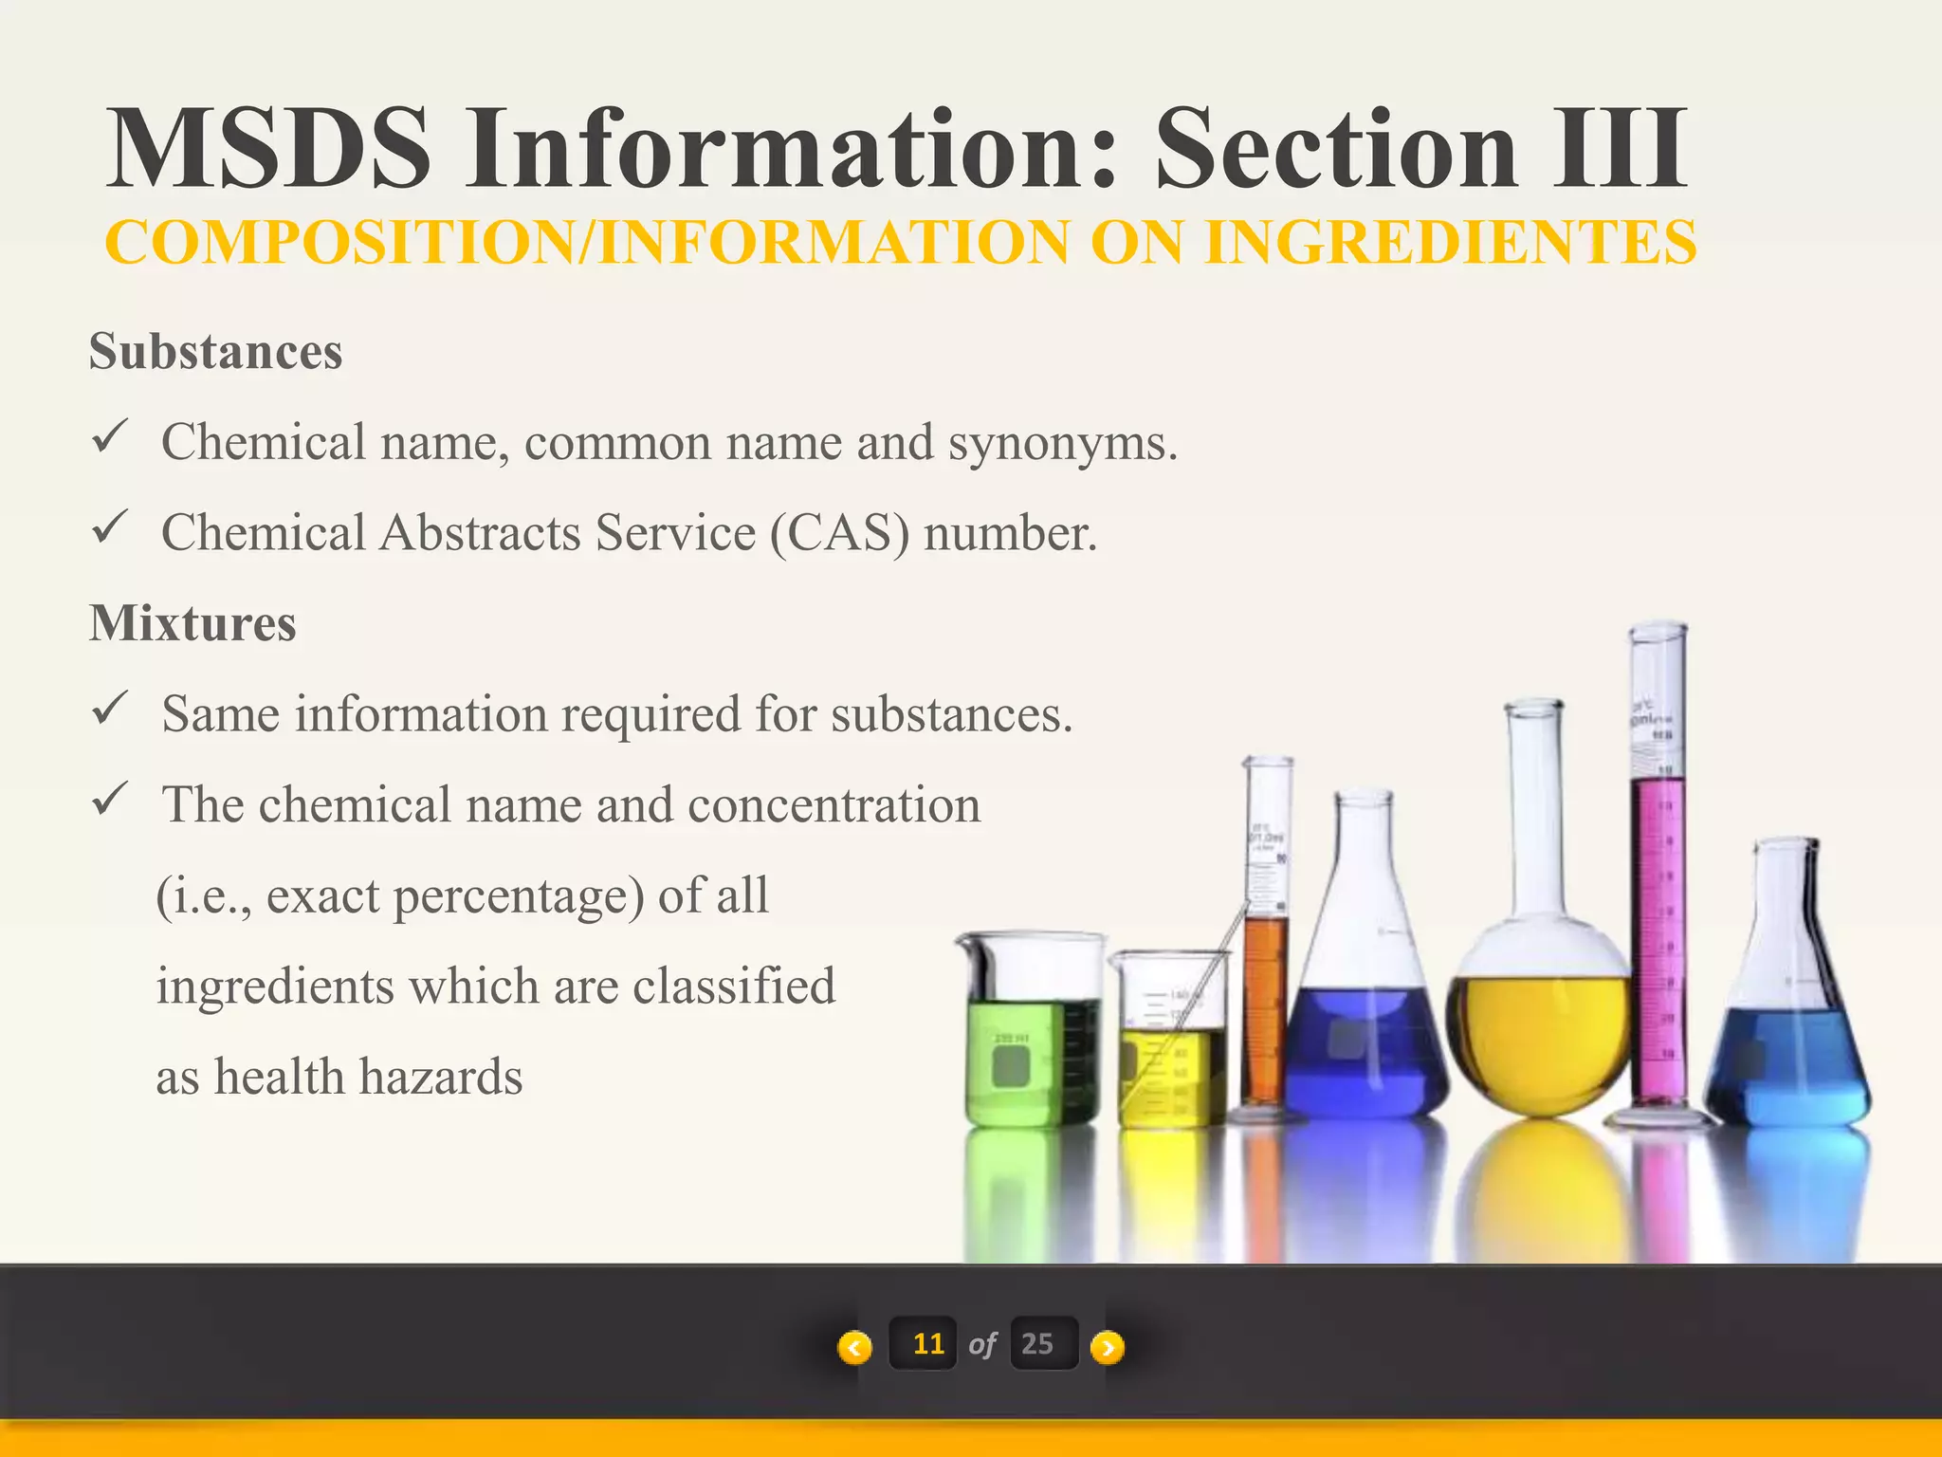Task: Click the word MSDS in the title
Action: point(269,149)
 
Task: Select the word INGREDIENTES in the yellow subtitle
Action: point(1450,242)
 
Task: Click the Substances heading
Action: point(215,352)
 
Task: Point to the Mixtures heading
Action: point(192,624)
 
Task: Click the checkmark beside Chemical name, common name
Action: point(110,437)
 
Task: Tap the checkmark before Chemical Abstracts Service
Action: point(110,527)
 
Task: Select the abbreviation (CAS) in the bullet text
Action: point(839,533)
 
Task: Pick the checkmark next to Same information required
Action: point(110,709)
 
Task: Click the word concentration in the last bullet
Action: point(834,805)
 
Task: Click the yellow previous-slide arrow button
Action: point(854,1346)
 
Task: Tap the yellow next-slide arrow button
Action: point(1108,1346)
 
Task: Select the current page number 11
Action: point(926,1343)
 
